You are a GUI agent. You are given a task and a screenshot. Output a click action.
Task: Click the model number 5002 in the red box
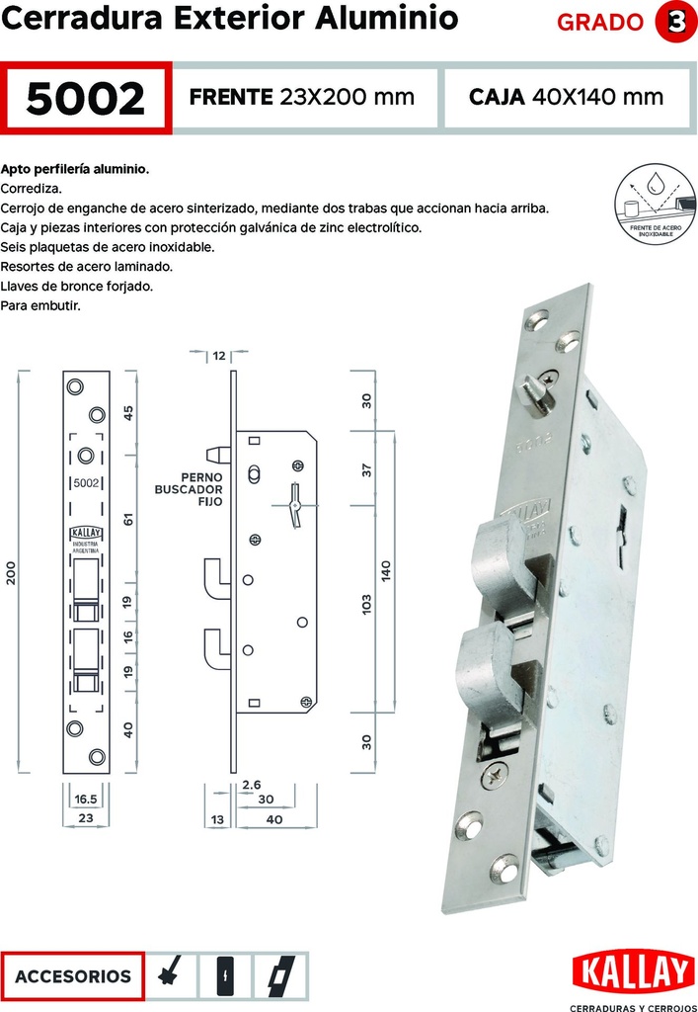(x=87, y=98)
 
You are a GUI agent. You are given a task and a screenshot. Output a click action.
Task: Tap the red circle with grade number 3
(x=675, y=22)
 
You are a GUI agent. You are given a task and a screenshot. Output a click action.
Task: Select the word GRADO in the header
(x=600, y=23)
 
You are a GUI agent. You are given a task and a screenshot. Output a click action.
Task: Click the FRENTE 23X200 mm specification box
(x=301, y=97)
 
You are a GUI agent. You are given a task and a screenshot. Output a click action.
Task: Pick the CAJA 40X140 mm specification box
(x=566, y=97)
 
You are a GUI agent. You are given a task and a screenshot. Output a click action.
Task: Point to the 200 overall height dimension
(x=13, y=574)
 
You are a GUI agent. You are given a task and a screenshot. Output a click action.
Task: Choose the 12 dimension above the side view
(x=219, y=354)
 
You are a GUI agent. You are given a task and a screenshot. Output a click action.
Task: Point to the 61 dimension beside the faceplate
(x=128, y=518)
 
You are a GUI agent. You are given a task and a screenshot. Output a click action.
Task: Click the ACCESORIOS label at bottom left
(x=73, y=976)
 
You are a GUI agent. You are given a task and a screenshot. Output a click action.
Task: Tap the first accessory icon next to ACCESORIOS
(x=171, y=976)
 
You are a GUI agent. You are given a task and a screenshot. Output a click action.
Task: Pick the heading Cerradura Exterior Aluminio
(x=229, y=19)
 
